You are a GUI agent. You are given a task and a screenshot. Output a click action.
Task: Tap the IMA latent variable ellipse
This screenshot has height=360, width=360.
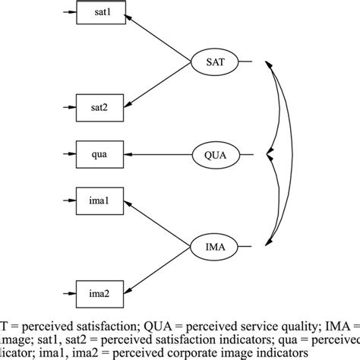pyautogui.click(x=214, y=247)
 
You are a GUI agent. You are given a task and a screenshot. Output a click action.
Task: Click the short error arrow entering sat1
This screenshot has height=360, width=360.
pyautogui.click(x=66, y=14)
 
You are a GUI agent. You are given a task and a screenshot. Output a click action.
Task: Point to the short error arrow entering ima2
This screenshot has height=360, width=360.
pyautogui.click(x=66, y=293)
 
